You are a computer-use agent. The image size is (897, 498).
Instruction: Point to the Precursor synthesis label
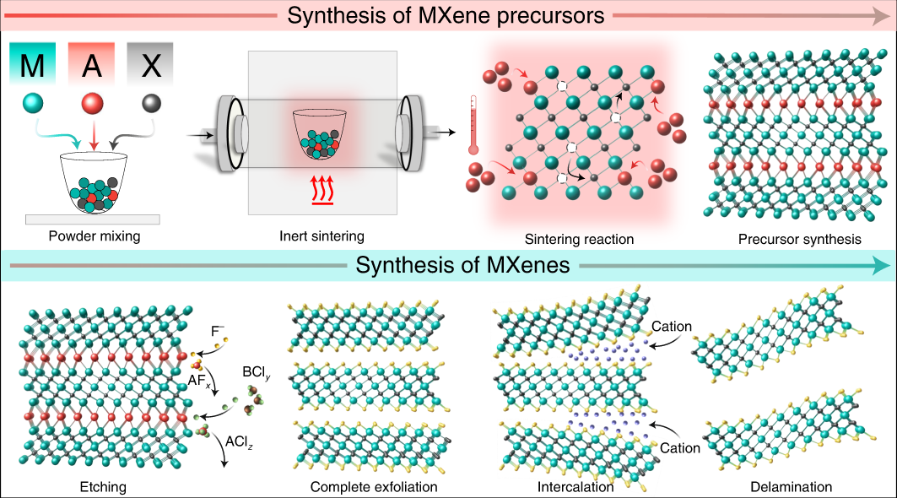point(799,240)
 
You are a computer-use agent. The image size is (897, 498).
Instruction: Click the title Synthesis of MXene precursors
point(446,15)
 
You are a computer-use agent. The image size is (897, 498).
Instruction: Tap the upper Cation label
point(672,326)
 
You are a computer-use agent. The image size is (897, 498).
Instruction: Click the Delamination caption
point(791,487)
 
